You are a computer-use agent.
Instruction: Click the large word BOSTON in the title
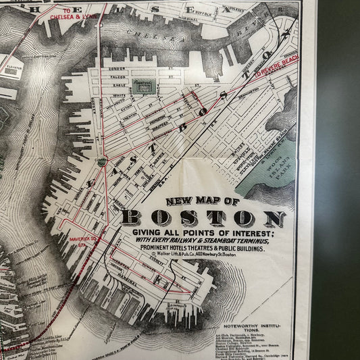pos(203,218)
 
